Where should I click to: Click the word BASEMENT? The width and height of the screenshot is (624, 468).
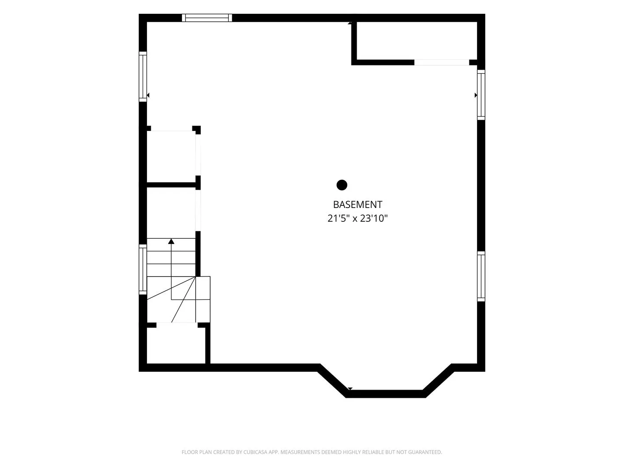357,205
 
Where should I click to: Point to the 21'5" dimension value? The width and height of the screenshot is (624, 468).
338,218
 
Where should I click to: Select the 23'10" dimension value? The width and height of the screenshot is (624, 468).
374,218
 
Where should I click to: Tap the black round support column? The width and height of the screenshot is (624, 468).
342,185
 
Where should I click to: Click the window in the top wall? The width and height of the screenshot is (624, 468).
207,18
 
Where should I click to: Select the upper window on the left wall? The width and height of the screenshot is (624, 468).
143,76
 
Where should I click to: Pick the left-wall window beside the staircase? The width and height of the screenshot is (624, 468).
143,270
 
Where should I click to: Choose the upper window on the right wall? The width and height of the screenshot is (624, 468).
481,95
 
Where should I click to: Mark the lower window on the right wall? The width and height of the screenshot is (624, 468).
481,276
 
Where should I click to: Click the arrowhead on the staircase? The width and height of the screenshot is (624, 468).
171,241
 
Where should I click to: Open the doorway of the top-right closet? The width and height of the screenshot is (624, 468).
442,62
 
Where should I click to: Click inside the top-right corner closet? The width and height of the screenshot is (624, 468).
416,41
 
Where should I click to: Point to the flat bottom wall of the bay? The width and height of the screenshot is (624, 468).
386,394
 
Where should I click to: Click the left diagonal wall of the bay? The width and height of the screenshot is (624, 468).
333,381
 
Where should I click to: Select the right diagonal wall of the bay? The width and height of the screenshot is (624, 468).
439,381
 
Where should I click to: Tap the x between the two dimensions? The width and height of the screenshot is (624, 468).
354,219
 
